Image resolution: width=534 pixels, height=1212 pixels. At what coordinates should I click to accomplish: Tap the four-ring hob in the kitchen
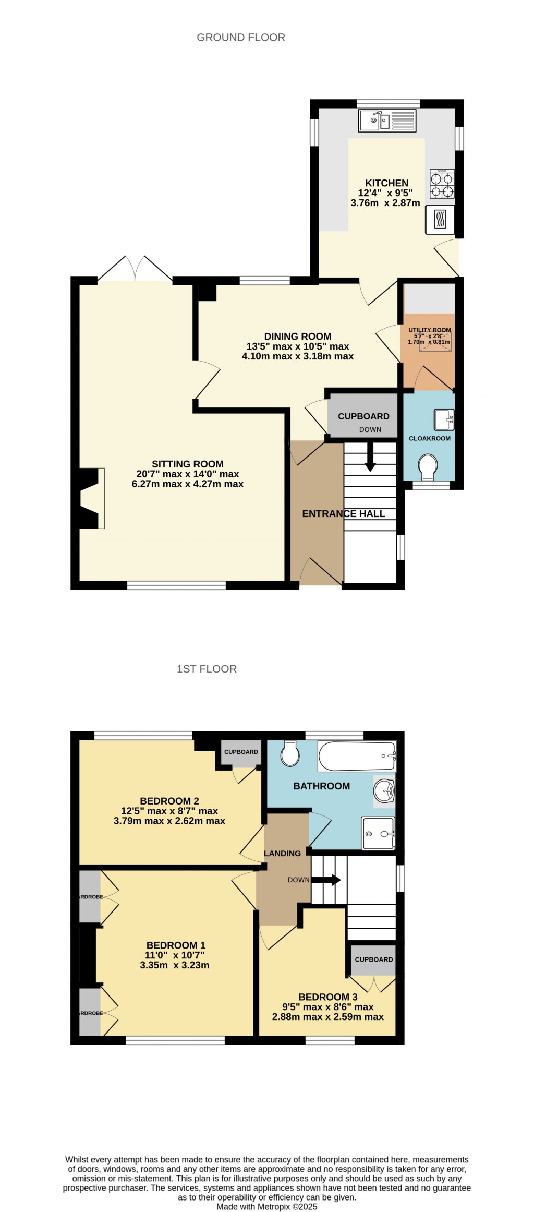[x=441, y=184]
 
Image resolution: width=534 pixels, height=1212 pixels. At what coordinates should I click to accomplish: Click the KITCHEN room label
[x=386, y=183]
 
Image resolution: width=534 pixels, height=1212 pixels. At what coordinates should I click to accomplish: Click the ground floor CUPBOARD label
[x=363, y=416]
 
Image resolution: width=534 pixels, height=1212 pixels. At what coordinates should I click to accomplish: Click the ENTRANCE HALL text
[x=344, y=514]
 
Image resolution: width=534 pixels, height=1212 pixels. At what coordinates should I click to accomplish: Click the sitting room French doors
[x=135, y=270]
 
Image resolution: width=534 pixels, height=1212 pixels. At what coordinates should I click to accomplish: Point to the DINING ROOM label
[x=298, y=337]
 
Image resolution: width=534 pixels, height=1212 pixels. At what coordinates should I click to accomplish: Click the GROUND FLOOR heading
[x=241, y=38]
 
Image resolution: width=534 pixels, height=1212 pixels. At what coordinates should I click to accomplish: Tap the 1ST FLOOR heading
[x=207, y=669]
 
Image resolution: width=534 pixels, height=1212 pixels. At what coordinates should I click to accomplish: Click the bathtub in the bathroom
[x=357, y=756]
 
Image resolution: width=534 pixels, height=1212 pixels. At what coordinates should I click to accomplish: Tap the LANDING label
[x=282, y=854]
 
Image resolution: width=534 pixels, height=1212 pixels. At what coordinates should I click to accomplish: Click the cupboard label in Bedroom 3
[x=373, y=959]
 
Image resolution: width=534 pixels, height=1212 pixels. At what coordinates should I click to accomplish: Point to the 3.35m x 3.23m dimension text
[x=175, y=965]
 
